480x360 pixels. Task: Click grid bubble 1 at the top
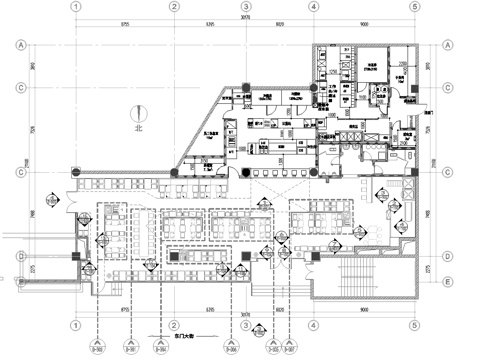pos(74,6)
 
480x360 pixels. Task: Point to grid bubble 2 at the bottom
pos(173,326)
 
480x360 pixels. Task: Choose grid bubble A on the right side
pos(448,45)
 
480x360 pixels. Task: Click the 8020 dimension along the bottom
pos(279,309)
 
